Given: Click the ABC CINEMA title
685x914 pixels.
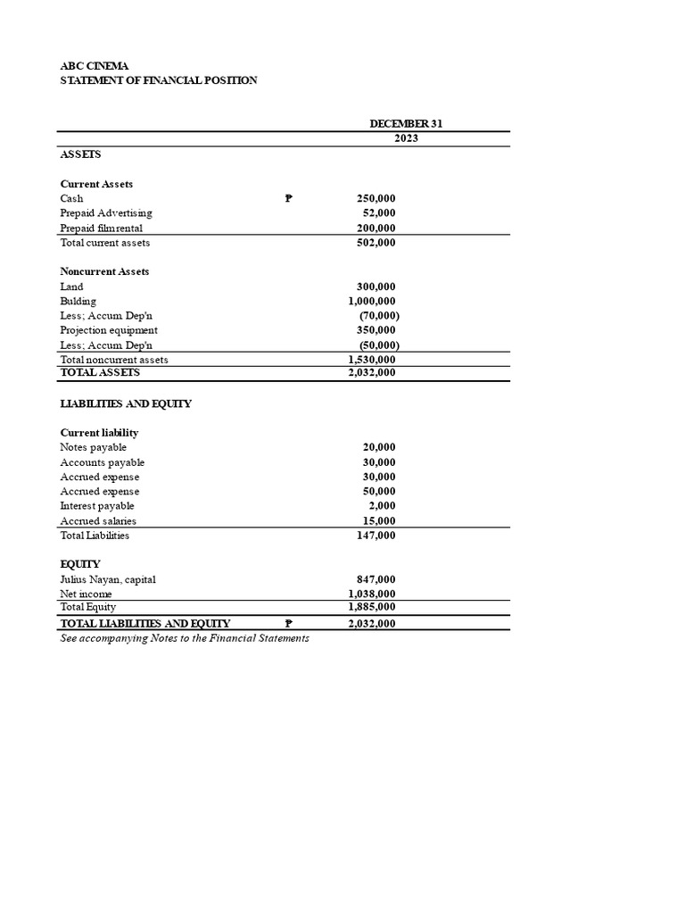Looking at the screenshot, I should [94, 66].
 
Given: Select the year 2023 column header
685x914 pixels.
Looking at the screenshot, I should [405, 138].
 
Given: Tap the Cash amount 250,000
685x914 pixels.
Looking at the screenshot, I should [376, 198].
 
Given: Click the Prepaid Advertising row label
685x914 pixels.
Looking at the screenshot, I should [105, 213].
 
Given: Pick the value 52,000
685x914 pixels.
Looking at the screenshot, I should [379, 213].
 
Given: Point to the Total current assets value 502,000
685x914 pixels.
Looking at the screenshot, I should [376, 243].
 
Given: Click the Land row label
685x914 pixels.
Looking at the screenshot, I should [71, 287].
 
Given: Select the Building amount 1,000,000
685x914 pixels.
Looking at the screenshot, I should [372, 302].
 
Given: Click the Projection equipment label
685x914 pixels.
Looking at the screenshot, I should [108, 330].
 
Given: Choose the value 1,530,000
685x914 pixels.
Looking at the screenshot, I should [372, 360].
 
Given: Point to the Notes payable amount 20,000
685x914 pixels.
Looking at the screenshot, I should [379, 447].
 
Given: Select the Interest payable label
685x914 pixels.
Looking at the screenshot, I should [96, 506].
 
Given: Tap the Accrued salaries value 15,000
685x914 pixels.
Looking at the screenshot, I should [379, 521].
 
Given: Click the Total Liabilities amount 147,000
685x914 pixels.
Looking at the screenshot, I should [376, 536].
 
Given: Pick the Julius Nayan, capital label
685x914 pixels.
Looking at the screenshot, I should [107, 579].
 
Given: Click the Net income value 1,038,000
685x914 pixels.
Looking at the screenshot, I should [372, 594].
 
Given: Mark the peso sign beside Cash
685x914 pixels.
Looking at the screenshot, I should [288, 199].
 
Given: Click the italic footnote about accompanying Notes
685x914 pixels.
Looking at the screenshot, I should [184, 639].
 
